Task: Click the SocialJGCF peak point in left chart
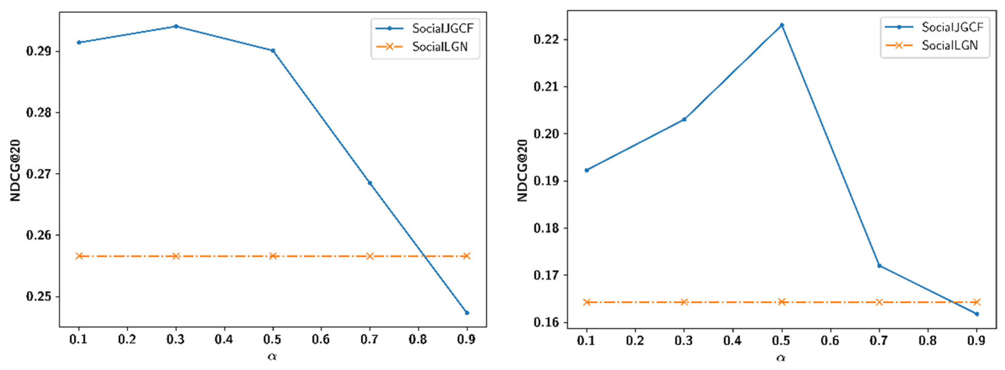pos(176,27)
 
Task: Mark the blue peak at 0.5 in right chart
pos(781,25)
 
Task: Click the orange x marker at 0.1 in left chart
pos(79,256)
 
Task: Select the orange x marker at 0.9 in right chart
pos(977,302)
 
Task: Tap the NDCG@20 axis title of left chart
pos(16,170)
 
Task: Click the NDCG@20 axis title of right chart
pos(523,170)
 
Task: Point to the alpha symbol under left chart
pos(272,357)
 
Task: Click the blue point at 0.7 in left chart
pos(370,183)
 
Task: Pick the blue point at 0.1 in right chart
pos(586,170)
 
